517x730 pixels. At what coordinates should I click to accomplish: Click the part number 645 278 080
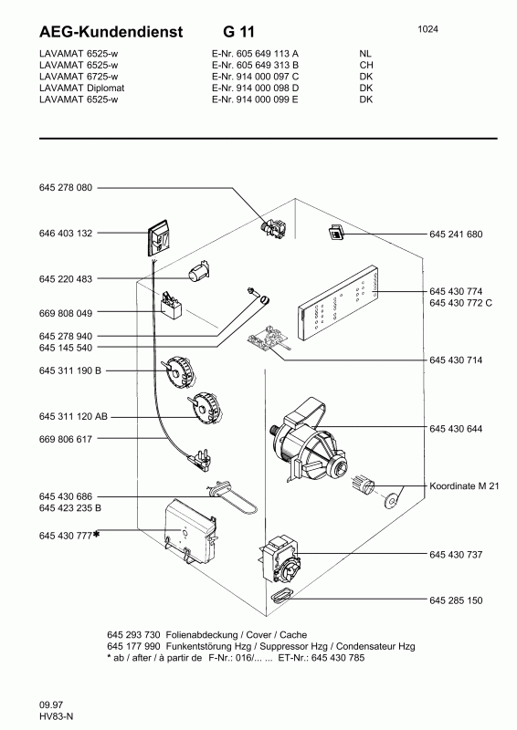point(66,188)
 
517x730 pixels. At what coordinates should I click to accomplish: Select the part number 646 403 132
point(66,234)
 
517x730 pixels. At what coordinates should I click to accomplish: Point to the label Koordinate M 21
point(464,487)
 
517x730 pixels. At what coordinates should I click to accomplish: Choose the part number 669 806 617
point(66,439)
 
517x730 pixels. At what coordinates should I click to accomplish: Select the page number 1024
point(428,29)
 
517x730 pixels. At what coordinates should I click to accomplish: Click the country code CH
point(366,66)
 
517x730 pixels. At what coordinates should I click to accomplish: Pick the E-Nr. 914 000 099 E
point(246,99)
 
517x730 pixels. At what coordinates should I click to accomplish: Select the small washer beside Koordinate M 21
point(393,499)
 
